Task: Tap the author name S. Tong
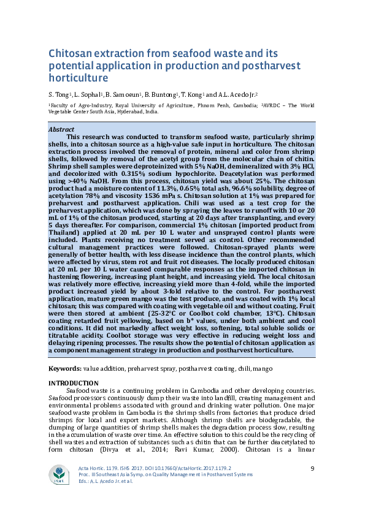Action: click(x=60, y=95)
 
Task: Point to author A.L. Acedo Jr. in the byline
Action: click(x=237, y=95)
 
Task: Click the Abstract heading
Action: click(x=61, y=130)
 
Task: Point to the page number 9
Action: click(x=313, y=468)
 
